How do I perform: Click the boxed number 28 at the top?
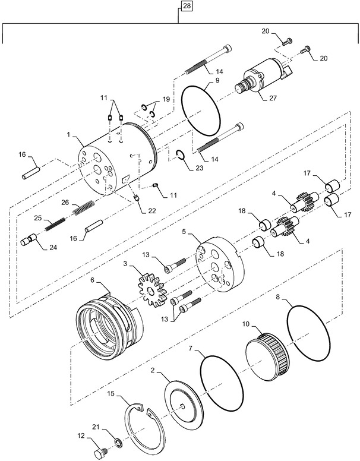pyautogui.click(x=187, y=7)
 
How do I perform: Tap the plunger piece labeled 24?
pyautogui.click(x=31, y=241)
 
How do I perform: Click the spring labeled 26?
pyautogui.click(x=83, y=209)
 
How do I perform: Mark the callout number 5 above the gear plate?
pyautogui.click(x=185, y=231)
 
